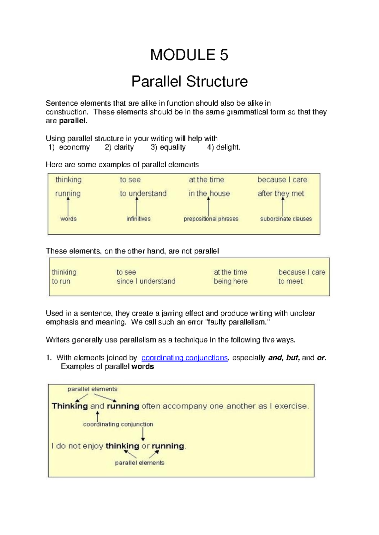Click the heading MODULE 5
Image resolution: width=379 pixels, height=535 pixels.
coord(189,55)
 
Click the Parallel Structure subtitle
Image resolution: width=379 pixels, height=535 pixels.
coord(189,81)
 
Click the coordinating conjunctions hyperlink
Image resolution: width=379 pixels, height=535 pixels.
coord(184,358)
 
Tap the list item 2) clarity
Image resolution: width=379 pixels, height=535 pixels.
coord(119,147)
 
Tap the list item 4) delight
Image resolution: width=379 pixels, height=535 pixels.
coord(224,147)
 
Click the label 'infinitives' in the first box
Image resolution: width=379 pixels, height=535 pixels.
coord(138,219)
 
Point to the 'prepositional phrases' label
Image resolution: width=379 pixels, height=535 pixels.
coord(211,219)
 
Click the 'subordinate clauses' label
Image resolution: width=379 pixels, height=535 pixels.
coord(286,219)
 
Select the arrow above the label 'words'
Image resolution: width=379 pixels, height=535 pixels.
coord(68,206)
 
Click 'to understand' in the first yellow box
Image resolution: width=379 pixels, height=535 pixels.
coord(143,193)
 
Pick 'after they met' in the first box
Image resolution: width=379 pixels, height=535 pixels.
coord(281,193)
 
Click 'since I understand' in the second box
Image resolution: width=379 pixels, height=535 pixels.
coord(146,281)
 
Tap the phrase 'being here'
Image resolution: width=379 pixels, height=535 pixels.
coord(231,281)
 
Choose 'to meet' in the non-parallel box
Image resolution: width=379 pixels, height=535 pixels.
coord(290,281)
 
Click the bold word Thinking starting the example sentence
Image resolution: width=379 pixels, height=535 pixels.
coord(70,406)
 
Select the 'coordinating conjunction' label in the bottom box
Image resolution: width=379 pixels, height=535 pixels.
coord(118,424)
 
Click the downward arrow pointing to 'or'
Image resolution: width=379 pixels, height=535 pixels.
coord(143,434)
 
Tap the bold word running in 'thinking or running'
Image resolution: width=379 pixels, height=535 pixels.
coord(168,446)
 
